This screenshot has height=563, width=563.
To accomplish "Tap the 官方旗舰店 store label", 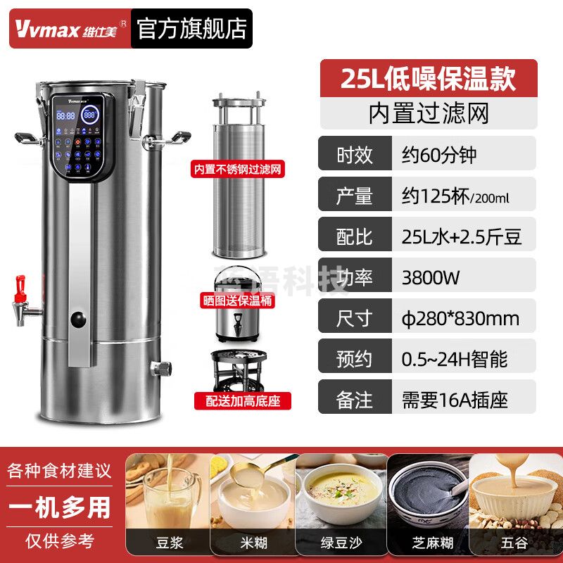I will coord(191,28).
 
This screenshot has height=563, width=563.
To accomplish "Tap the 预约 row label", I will coord(355,360).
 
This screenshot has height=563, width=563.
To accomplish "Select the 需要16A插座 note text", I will coord(450,400).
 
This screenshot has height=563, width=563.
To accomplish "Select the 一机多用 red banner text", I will coord(60,507).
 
